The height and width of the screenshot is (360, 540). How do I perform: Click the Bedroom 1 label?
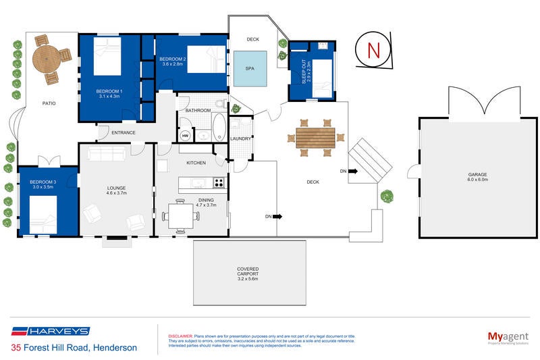click(109, 94)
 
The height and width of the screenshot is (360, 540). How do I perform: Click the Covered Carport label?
click(248, 273)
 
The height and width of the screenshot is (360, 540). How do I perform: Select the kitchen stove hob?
click(219, 182)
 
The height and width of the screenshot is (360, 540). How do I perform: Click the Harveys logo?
click(50, 331)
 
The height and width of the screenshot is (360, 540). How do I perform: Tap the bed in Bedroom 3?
click(47, 220)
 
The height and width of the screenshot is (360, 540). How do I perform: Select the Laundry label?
click(240, 139)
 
